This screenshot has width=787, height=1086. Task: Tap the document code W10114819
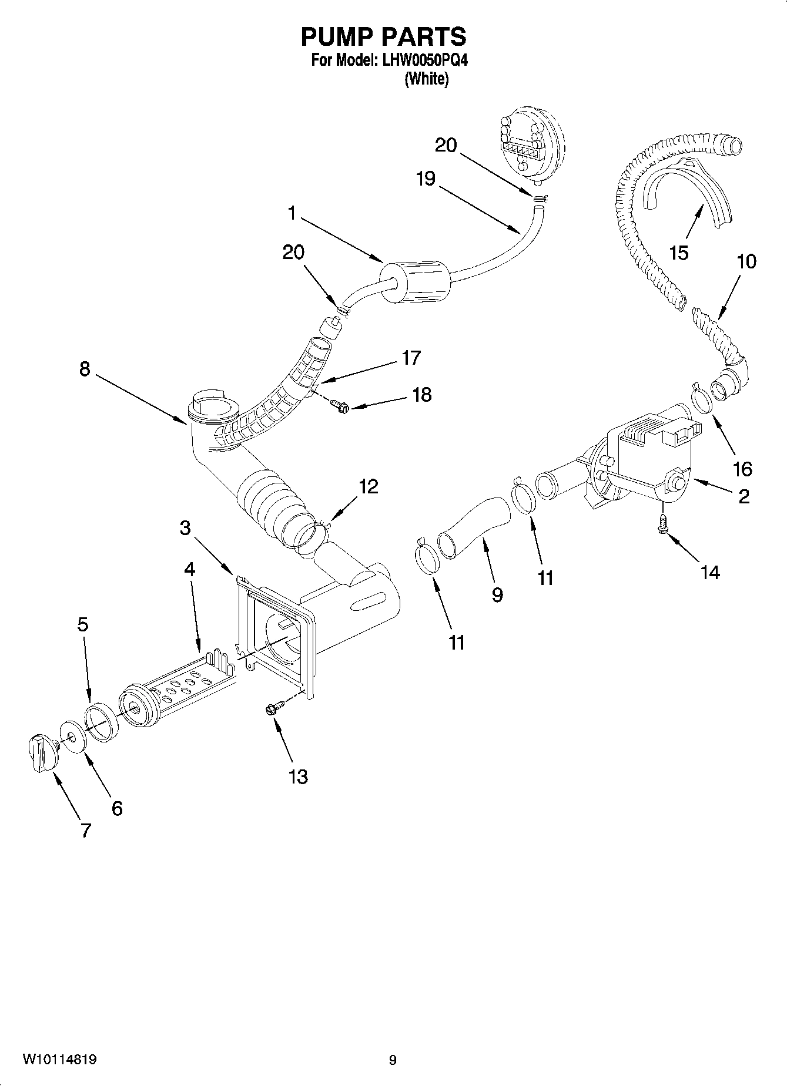pyautogui.click(x=60, y=1060)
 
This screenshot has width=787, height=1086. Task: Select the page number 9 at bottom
pyautogui.click(x=393, y=1060)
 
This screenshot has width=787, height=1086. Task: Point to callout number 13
pyautogui.click(x=298, y=776)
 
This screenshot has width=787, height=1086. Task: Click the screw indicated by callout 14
pyautogui.click(x=662, y=523)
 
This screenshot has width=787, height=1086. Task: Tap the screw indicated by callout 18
pyautogui.click(x=338, y=405)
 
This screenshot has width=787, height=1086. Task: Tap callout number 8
pyautogui.click(x=85, y=369)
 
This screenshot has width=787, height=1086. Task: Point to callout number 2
pyautogui.click(x=744, y=497)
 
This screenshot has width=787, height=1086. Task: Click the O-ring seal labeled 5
pyautogui.click(x=101, y=721)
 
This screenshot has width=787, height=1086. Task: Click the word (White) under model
pyautogui.click(x=427, y=79)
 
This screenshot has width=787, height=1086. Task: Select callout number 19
pyautogui.click(x=426, y=179)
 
